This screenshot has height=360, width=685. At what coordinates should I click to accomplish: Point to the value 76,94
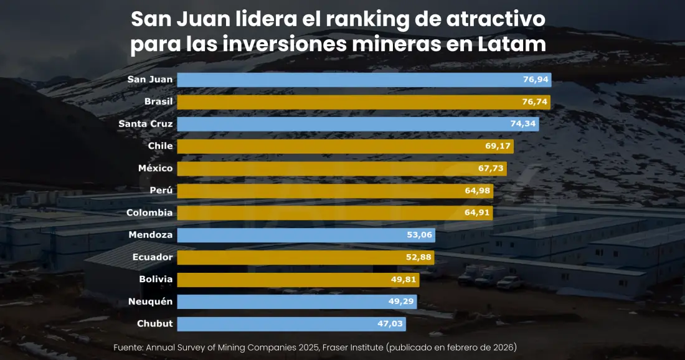(535, 80)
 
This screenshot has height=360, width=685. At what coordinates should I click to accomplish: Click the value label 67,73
(491, 168)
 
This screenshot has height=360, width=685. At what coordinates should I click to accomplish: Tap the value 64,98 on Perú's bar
(478, 191)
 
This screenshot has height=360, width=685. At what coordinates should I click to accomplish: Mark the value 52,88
(418, 257)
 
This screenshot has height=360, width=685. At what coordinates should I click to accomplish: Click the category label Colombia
(149, 213)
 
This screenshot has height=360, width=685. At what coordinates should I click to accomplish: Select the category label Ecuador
(153, 257)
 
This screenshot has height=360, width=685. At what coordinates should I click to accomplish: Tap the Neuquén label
(150, 301)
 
